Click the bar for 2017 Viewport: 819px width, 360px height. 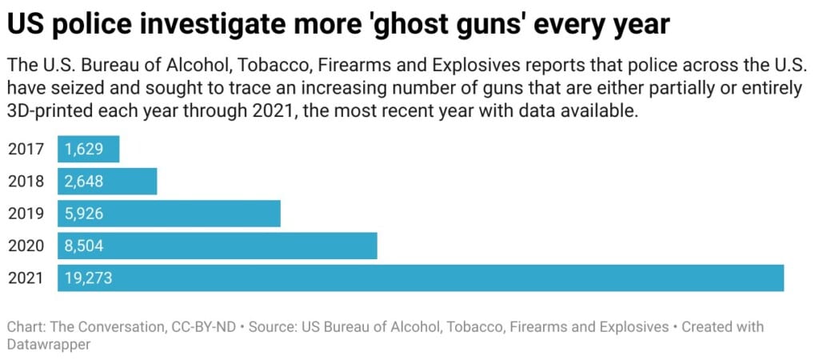tap(88, 150)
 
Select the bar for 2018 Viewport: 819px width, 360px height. tap(107, 182)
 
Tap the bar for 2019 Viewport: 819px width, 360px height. tap(169, 214)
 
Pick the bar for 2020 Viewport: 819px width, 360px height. tap(217, 246)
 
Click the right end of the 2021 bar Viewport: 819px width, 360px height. tap(779, 278)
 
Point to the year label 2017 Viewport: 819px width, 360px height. tap(26, 150)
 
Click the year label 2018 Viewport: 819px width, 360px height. tap(26, 182)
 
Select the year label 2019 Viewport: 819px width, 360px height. tap(26, 214)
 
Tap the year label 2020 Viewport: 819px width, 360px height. tap(26, 246)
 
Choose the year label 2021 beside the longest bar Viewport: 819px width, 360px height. tap(26, 278)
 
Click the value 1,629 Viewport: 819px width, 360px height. tap(84, 150)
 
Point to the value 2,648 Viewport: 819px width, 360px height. tap(84, 182)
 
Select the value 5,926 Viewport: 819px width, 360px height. tap(84, 214)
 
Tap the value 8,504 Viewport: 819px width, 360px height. tap(84, 246)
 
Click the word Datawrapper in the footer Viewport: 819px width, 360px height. tap(47, 343)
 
